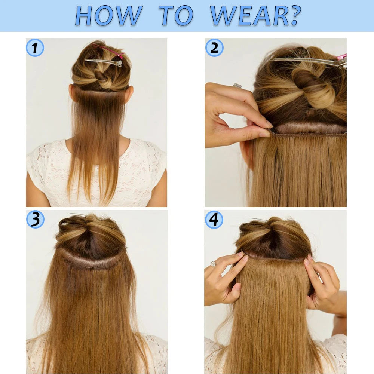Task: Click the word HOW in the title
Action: (x=109, y=15)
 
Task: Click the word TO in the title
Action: (x=176, y=15)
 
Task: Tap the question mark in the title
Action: (x=295, y=15)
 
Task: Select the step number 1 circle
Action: (x=35, y=48)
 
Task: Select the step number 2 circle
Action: (x=214, y=48)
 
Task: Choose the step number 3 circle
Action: (x=35, y=220)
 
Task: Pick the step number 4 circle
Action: (x=214, y=220)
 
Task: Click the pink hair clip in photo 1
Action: (x=108, y=51)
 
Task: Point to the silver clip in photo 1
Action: (x=104, y=62)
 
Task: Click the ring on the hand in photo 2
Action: (x=237, y=85)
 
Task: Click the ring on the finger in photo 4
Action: (x=213, y=264)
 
